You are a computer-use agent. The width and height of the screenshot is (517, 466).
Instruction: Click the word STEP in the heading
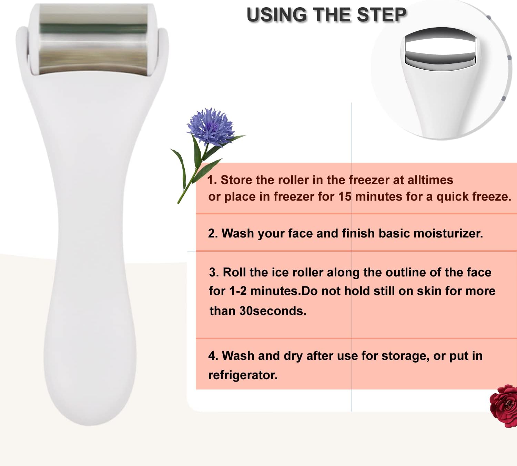click(382, 15)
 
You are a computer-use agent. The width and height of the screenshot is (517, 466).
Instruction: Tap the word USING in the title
click(276, 15)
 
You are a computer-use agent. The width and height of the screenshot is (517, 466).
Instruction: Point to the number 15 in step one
click(345, 196)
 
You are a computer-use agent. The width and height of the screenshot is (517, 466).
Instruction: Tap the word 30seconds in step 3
click(273, 311)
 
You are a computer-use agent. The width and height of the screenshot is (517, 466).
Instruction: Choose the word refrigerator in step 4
click(243, 375)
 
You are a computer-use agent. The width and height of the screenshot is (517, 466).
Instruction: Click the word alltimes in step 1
click(430, 180)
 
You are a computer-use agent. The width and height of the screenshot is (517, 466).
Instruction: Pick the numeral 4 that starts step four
click(212, 356)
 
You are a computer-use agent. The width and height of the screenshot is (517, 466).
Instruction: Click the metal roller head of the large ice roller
click(93, 39)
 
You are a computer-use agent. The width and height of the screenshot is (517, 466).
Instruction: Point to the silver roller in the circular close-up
click(440, 49)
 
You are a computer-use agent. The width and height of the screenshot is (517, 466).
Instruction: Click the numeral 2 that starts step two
click(211, 233)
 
